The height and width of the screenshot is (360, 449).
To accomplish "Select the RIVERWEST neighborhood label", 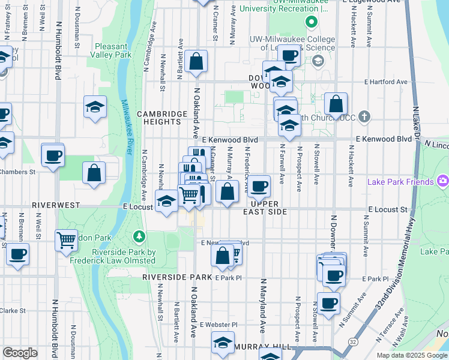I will point(56,205).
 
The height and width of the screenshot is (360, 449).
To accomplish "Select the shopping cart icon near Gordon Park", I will point(66,240).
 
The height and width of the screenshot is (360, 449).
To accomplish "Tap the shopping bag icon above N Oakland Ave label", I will point(196,61).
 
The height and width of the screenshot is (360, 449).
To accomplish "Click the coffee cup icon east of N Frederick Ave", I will point(259,186).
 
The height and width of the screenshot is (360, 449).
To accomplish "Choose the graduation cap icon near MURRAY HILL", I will point(223,343).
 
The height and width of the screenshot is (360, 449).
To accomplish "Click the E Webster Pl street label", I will point(219,325).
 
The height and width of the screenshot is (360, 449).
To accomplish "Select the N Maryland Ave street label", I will point(262,306).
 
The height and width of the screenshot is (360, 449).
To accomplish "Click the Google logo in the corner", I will point(20,353).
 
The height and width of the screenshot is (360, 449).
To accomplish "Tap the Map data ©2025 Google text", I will point(411,355).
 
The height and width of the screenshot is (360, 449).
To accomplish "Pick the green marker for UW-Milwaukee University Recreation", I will point(311,23).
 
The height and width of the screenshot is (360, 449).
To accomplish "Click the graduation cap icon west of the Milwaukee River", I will point(95,107).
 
